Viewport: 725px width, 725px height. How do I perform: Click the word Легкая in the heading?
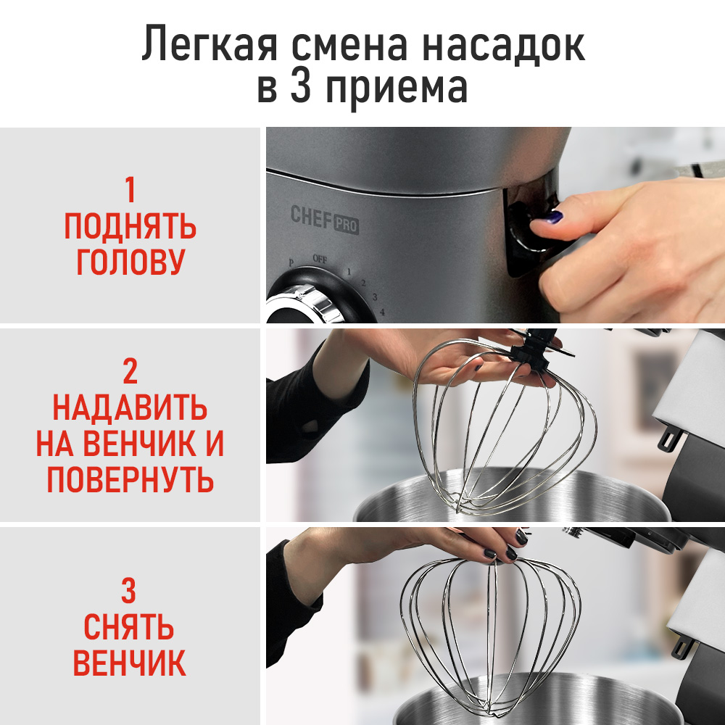click(x=210, y=45)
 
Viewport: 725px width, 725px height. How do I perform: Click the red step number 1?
click(x=130, y=191)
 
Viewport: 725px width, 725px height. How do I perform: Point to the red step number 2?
click(x=130, y=371)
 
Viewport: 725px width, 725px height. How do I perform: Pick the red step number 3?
click(x=128, y=592)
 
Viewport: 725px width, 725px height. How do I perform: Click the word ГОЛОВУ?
click(x=130, y=263)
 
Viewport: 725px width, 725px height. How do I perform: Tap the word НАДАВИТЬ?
click(x=130, y=408)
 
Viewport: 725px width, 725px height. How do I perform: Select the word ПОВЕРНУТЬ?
click(x=130, y=479)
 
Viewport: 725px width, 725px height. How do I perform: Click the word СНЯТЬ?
click(x=129, y=627)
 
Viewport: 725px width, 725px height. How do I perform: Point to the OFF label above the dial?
click(x=320, y=258)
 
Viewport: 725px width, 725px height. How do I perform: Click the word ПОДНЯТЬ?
click(x=130, y=228)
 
